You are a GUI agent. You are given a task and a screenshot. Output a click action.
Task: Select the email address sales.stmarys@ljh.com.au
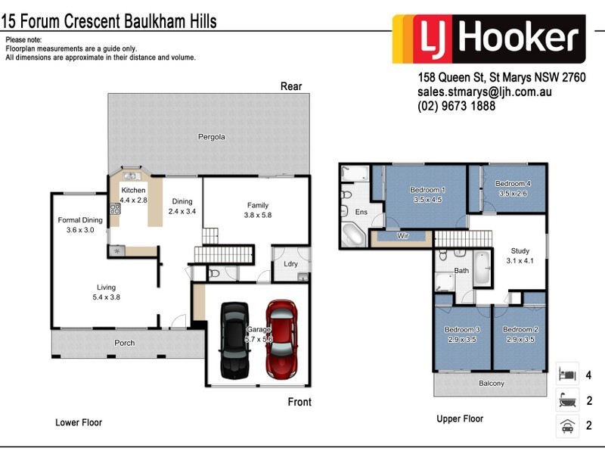[484, 92]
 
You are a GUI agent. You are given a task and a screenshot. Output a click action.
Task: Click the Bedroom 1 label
[427, 189]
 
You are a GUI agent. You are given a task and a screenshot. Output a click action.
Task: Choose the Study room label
[519, 250]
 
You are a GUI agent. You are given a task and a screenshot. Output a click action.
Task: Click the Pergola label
[212, 137]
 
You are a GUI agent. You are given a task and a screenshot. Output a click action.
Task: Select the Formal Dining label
[79, 220]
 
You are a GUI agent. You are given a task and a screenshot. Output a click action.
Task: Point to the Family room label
[258, 205]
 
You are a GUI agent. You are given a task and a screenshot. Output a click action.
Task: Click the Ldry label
[290, 264]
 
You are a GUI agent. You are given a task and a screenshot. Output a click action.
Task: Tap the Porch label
[125, 343]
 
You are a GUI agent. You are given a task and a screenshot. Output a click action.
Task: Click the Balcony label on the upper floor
[492, 383]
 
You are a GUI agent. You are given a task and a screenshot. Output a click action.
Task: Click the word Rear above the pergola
[291, 86]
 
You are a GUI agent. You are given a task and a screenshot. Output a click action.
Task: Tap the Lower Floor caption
[79, 422]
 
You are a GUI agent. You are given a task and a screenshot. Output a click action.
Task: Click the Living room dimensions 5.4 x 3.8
[106, 297]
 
